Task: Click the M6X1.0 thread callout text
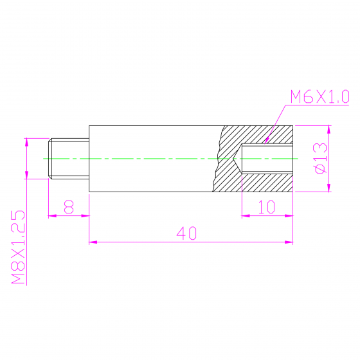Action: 320,96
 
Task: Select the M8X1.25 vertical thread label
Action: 18,247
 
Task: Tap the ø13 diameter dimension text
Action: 320,158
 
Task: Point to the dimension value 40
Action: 186,233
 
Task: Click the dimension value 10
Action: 267,207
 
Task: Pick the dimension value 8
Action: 69,207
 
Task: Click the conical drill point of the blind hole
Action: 237,158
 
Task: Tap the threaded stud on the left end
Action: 69,158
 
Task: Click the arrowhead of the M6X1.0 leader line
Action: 267,140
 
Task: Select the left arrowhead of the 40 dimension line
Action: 93,242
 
